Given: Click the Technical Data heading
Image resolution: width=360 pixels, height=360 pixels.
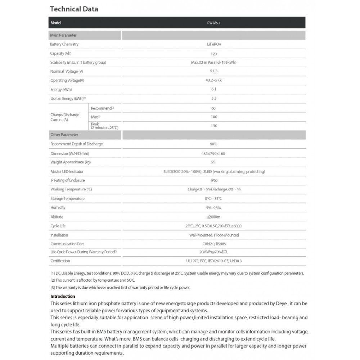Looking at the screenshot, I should point(74,9).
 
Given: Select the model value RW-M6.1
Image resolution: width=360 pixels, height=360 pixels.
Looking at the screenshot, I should point(214,23).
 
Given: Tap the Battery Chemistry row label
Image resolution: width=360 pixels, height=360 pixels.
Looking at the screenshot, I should point(64,44).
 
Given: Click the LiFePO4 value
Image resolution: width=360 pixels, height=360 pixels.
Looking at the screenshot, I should point(214,44).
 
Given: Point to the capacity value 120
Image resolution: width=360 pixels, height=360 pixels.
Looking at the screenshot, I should point(214,53).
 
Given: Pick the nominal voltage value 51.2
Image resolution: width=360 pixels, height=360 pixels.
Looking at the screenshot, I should point(214,71).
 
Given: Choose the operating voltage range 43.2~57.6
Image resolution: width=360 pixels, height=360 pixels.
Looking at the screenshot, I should point(214,80).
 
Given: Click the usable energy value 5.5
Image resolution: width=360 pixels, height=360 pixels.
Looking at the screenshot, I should point(214,98).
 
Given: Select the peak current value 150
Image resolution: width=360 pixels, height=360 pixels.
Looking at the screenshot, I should point(214,126).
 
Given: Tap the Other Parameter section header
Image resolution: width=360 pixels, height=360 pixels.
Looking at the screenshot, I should point(64,135).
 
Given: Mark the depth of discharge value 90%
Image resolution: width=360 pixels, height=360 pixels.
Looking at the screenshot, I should point(214,144).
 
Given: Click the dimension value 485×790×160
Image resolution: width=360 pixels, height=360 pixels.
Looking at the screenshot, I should point(214,153).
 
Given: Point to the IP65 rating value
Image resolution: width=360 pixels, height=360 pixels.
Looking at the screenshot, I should point(214,180).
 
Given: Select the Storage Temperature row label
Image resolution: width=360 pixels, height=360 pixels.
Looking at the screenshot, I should point(68,199).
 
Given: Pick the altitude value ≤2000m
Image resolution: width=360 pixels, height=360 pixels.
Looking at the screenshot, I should point(214,217).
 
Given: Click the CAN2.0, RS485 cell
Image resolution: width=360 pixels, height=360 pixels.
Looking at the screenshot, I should point(214,244).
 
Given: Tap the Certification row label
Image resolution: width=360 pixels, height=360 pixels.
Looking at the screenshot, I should point(60,261).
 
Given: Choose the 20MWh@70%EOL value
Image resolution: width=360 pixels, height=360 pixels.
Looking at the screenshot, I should point(214,252).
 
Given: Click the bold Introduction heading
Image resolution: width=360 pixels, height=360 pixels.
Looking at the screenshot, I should point(63,296).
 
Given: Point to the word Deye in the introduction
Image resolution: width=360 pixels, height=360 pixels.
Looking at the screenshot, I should point(281,303).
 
